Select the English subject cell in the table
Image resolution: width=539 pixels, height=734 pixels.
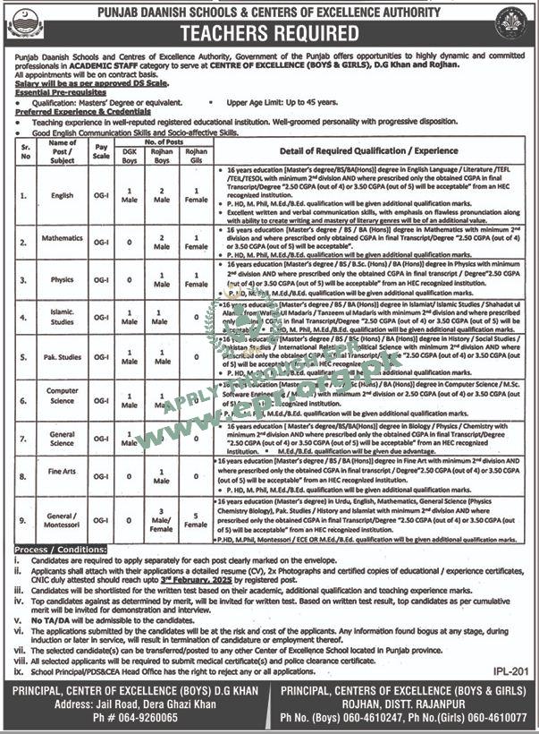click(x=63, y=195)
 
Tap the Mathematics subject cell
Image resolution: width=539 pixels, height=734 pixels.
click(x=63, y=240)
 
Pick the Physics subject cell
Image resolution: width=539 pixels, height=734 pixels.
click(x=63, y=279)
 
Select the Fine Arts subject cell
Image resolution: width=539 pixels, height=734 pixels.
click(x=63, y=477)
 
